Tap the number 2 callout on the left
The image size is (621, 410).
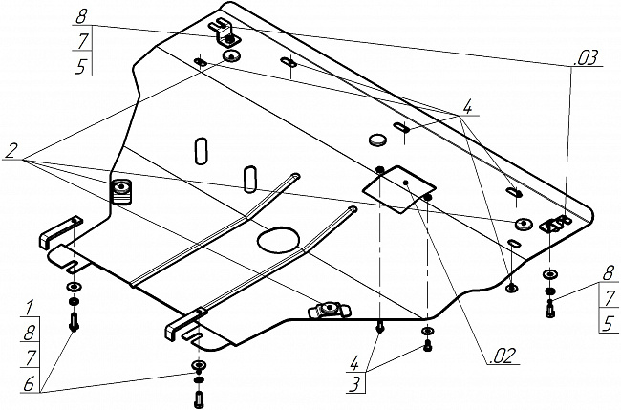(11, 150)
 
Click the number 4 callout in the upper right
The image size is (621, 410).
(466, 106)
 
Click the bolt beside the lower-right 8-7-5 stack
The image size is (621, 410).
(550, 308)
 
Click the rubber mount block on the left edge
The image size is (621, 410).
(122, 191)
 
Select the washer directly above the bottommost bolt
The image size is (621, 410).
(198, 367)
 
